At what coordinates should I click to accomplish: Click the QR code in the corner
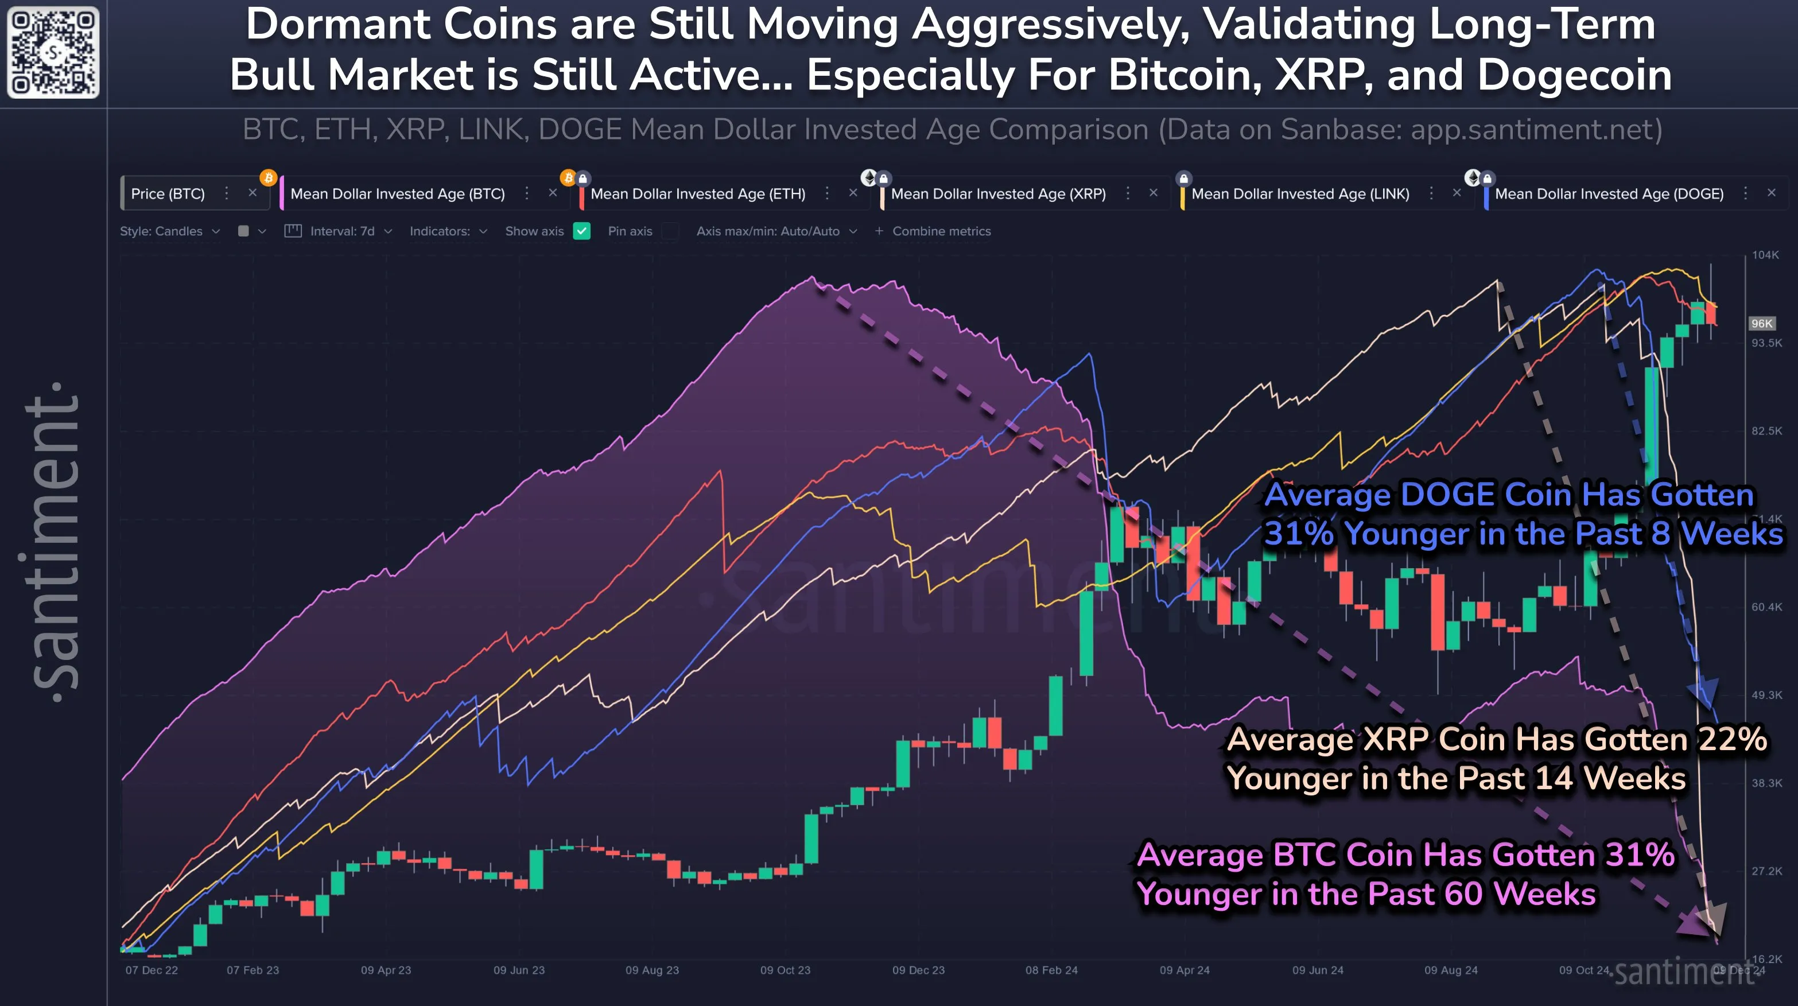click(x=53, y=52)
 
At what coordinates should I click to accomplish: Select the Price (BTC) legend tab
click(x=168, y=194)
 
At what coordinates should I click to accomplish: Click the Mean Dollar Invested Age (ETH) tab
click(x=697, y=194)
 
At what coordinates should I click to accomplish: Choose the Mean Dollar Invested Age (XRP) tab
click(x=997, y=194)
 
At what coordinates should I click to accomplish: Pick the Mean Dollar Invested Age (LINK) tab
click(x=1300, y=194)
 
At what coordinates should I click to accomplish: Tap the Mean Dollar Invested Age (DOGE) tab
click(x=1609, y=194)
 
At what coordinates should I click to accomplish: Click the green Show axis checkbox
click(x=581, y=231)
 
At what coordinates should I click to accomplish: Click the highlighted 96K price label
click(x=1761, y=323)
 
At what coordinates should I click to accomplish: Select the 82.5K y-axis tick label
click(x=1766, y=431)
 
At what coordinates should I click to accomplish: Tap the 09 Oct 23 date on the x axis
click(x=785, y=970)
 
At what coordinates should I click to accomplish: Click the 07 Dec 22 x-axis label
click(x=152, y=970)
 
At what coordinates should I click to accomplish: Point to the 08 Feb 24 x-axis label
click(x=1051, y=970)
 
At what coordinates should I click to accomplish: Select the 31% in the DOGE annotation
click(x=1299, y=534)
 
